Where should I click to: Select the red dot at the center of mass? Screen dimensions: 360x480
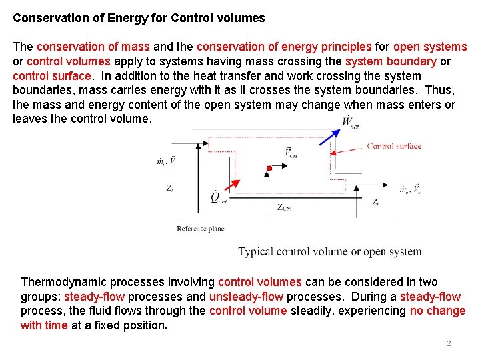tap(268, 167)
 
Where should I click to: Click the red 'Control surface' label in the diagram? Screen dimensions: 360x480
tap(394, 146)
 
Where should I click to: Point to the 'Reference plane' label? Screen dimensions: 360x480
tap(200, 229)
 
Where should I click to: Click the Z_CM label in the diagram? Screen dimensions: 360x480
tap(284, 207)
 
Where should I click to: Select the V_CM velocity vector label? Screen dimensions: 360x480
tap(291, 153)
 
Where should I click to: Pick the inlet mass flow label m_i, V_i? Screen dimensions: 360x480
tap(166, 161)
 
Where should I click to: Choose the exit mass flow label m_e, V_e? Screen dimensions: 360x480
tap(409, 189)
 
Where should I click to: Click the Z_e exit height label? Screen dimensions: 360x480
tap(377, 201)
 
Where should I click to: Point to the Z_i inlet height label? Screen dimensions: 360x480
tap(170, 189)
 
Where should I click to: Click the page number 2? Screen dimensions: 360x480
tap(449, 343)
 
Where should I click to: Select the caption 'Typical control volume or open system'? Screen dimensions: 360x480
tap(330, 252)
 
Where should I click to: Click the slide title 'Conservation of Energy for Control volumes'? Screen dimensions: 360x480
tap(139, 18)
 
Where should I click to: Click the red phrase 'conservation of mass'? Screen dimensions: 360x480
tap(93, 47)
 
